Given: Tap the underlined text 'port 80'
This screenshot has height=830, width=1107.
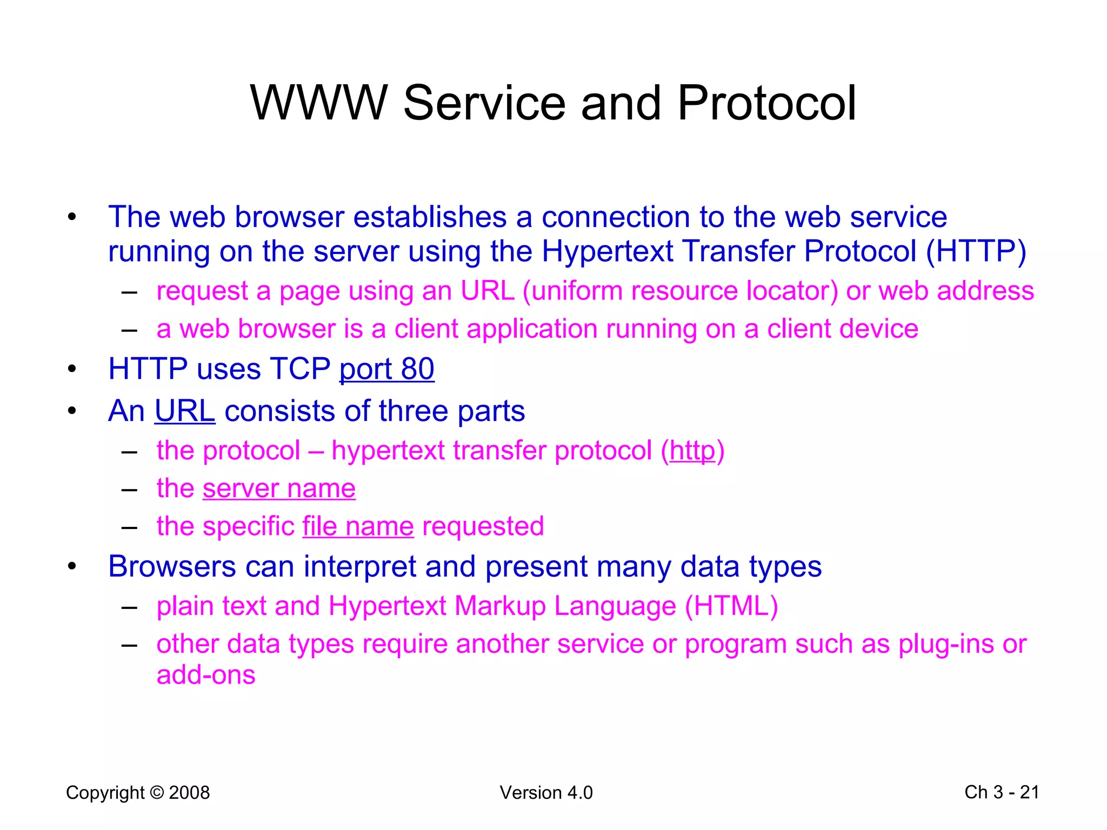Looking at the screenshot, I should tap(386, 369).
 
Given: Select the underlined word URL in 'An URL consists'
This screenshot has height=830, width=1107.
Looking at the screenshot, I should tap(185, 411).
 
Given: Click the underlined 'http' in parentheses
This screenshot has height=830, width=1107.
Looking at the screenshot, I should tap(692, 451).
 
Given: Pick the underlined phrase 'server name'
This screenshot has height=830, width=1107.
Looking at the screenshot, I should tap(279, 488).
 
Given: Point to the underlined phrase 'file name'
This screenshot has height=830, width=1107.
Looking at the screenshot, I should tap(358, 526).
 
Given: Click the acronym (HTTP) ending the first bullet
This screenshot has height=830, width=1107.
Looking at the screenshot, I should tap(976, 251).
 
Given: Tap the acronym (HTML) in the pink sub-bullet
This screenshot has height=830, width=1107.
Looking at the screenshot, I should tap(731, 606).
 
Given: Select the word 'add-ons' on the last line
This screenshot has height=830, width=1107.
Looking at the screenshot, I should tap(205, 675).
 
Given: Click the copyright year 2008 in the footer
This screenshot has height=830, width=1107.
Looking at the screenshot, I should tap(189, 793).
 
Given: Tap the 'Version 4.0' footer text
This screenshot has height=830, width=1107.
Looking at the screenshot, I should tap(546, 793).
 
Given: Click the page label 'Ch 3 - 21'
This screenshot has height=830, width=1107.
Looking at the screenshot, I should tap(1002, 792).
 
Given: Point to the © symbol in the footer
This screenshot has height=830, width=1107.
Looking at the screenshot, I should tap(157, 793).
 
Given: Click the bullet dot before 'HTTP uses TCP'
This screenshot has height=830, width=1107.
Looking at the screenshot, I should tap(72, 370).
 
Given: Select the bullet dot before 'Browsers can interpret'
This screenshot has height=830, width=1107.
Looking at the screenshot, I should tap(72, 567).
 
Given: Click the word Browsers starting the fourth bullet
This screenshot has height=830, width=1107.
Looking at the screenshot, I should tap(172, 567).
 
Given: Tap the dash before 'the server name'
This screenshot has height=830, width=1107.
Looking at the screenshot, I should tap(129, 490).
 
